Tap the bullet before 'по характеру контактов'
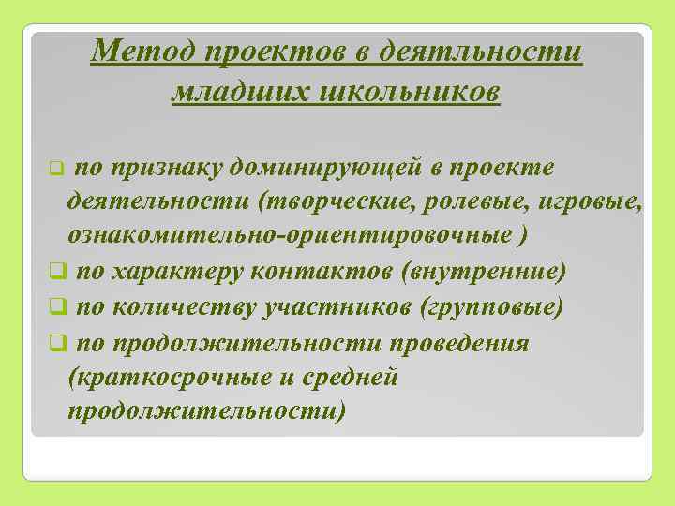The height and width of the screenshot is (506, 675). (x=57, y=273)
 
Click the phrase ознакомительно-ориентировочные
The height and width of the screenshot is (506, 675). (x=288, y=236)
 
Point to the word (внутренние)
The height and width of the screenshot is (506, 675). (x=483, y=272)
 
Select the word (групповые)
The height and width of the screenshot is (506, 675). (x=493, y=307)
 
